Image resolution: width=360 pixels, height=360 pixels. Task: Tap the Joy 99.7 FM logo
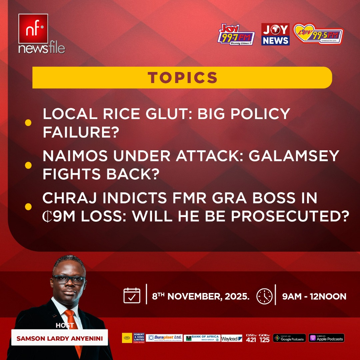pos(236,34)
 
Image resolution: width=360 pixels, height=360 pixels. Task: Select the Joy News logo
pos(275,34)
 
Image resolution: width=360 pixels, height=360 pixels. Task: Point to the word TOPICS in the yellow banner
pos(183,78)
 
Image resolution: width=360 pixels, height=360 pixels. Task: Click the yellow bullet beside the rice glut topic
pos(28,123)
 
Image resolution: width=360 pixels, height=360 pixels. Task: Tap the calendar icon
pos(132,295)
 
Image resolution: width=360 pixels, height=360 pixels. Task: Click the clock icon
pos(264,296)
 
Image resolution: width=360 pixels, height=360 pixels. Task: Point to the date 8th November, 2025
pos(201,296)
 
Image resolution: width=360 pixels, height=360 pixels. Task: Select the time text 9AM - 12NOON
pos(314,296)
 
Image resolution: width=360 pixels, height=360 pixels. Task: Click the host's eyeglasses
pos(69,280)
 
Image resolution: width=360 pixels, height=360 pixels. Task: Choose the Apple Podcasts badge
pos(326,338)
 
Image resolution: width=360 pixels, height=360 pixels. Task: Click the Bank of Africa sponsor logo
pos(201,338)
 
